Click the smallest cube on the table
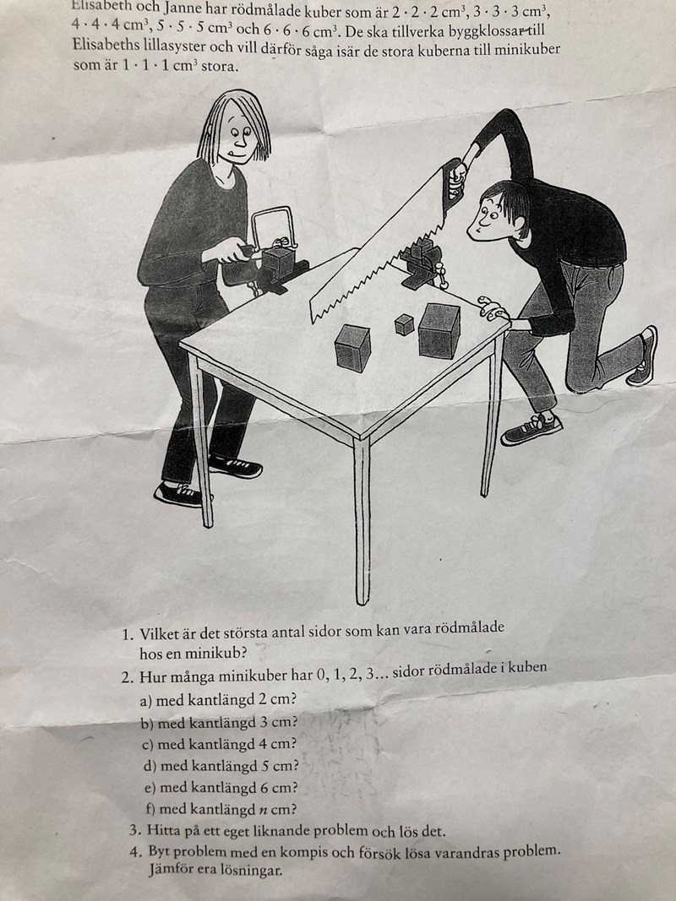[x=404, y=324]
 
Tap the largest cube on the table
[x=439, y=331]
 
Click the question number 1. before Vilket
[x=128, y=635]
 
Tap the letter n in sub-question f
[x=262, y=811]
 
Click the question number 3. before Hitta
[x=135, y=831]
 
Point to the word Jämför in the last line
[x=170, y=870]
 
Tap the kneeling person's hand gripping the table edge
[x=493, y=309]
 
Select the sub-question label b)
[x=147, y=723]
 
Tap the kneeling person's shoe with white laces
[x=532, y=429]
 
